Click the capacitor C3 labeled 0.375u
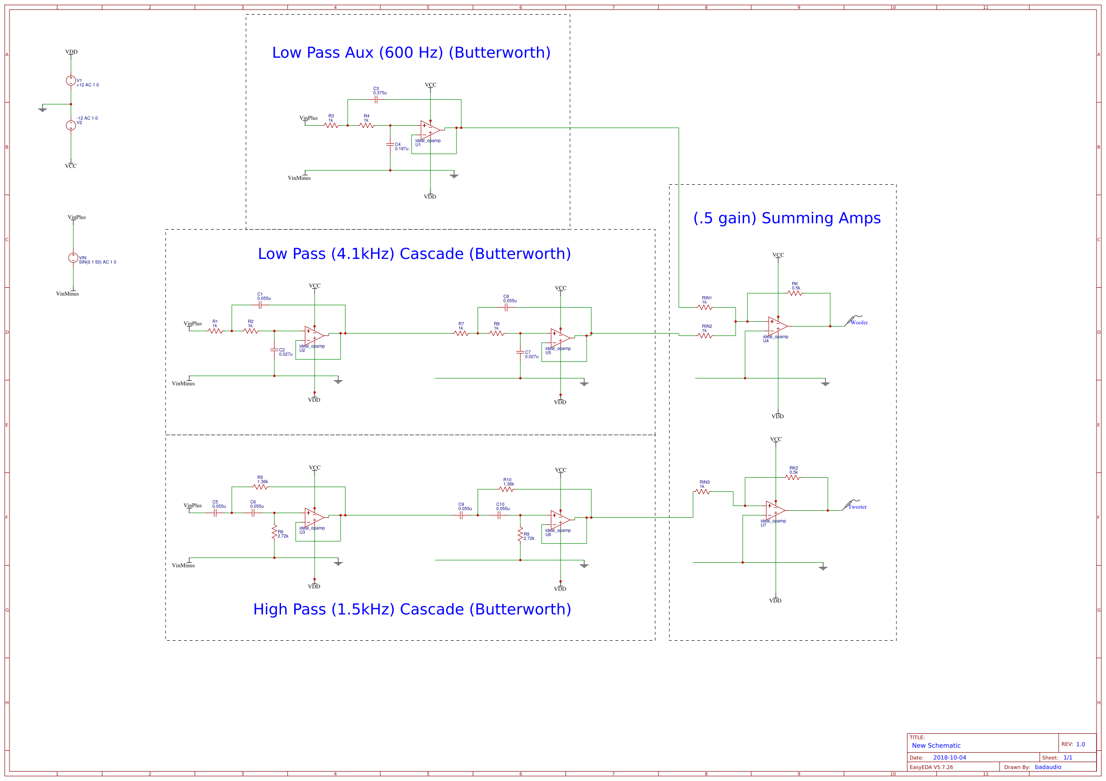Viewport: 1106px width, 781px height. [x=376, y=100]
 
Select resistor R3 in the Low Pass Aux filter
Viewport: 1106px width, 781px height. [x=331, y=126]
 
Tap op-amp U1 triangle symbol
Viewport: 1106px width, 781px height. [x=429, y=129]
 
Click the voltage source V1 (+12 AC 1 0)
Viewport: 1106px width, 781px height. [x=71, y=80]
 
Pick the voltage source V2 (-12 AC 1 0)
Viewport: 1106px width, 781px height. [x=71, y=125]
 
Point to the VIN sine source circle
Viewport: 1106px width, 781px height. [x=73, y=258]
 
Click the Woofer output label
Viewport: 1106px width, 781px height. [x=859, y=322]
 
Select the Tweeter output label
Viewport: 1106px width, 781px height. [x=857, y=506]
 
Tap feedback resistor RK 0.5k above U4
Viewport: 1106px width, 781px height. [x=795, y=293]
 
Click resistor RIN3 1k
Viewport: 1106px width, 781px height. [x=703, y=492]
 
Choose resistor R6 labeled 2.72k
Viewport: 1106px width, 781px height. [x=274, y=532]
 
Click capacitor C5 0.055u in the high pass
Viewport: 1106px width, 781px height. [x=215, y=513]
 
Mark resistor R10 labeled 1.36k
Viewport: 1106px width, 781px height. [x=506, y=489]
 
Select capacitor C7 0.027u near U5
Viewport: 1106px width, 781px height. [x=520, y=353]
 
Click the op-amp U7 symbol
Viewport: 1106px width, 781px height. [x=775, y=510]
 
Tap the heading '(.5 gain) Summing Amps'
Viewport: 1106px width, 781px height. [x=787, y=218]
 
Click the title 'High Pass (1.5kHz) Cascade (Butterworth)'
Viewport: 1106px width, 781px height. [x=412, y=609]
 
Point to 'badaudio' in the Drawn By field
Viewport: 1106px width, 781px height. [x=1048, y=767]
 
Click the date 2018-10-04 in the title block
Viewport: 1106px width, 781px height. [x=949, y=757]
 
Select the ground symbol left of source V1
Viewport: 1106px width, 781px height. [x=43, y=110]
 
